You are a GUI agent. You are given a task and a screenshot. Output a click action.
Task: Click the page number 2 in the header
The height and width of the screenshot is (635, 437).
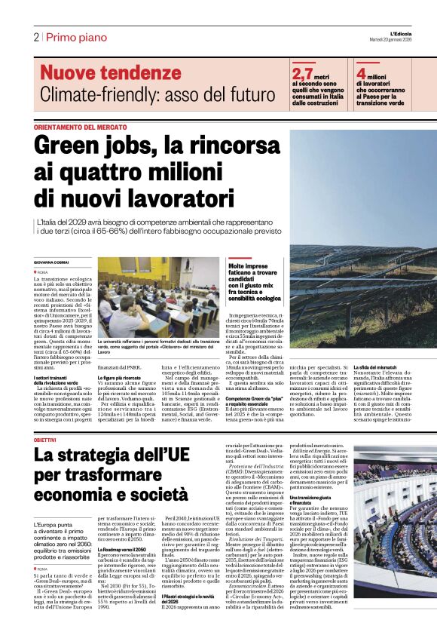(36, 37)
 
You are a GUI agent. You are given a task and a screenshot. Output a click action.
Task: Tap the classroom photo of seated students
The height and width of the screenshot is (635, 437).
(158, 298)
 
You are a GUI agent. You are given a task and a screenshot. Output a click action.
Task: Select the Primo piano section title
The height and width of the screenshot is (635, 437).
(77, 37)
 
